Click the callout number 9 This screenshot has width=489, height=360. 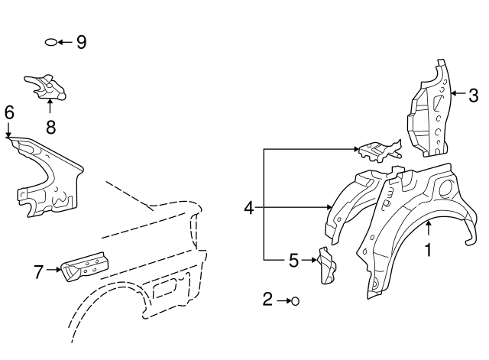click(82, 42)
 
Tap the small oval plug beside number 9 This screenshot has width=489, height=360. click(51, 42)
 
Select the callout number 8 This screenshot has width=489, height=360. click(51, 127)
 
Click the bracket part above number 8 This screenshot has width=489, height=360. click(46, 86)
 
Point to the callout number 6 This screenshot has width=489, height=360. click(9, 112)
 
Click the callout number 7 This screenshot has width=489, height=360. click(38, 271)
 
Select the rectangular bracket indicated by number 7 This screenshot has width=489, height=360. click(85, 267)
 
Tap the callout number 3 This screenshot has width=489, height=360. click(474, 96)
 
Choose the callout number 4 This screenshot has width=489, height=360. click(249, 208)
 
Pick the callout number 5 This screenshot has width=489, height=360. click(293, 261)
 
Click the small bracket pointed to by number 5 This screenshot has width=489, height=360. click(326, 266)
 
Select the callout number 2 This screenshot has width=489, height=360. click(267, 299)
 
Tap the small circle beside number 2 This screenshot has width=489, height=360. click(295, 301)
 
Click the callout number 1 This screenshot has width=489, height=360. click(429, 250)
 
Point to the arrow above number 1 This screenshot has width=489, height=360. click(429, 228)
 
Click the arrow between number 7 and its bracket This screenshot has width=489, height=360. click(53, 270)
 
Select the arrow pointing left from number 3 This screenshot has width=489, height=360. click(458, 93)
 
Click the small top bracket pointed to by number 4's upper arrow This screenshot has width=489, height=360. click(381, 151)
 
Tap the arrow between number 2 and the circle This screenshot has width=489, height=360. click(283, 301)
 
